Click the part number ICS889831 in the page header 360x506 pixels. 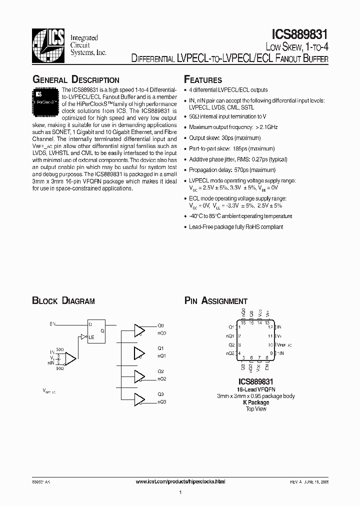[x=299, y=34]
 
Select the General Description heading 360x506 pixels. [x=75, y=80]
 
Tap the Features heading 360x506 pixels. [x=203, y=80]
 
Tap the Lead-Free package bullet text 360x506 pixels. [x=236, y=227]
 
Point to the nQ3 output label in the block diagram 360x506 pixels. [x=162, y=402]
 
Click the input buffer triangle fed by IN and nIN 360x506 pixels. [x=70, y=358]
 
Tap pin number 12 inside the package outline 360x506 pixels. [x=270, y=327]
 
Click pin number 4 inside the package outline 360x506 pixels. [x=240, y=353]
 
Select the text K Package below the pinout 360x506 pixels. [x=255, y=402]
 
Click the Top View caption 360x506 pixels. [x=255, y=409]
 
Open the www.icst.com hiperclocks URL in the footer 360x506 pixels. [x=180, y=481]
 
